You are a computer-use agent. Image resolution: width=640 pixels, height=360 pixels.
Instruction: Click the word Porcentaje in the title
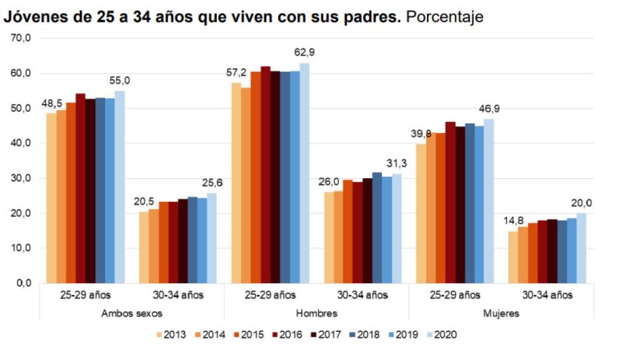click(444, 17)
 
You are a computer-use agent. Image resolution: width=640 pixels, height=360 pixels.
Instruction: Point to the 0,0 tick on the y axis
click(23, 283)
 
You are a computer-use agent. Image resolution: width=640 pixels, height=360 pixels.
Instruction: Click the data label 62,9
click(304, 52)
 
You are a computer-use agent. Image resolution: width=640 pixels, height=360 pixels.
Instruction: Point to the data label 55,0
click(119, 80)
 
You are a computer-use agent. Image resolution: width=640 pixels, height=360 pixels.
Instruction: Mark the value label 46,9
click(489, 108)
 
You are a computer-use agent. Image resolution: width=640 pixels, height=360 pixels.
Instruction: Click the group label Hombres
click(316, 313)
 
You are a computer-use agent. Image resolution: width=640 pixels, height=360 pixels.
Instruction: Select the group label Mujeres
click(501, 313)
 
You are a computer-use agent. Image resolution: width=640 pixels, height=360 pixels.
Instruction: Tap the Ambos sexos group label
click(132, 313)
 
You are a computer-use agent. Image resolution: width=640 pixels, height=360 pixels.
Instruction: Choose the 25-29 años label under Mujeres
click(454, 294)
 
